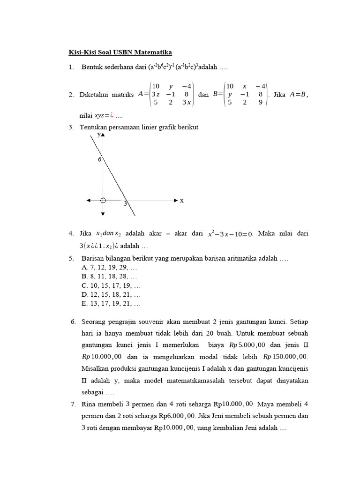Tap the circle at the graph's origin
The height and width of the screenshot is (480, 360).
(103, 200)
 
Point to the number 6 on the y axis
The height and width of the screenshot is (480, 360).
(99, 160)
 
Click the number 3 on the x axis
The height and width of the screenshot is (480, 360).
(126, 204)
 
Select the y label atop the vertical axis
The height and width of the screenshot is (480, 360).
(99, 134)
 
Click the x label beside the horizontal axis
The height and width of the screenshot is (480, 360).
(182, 201)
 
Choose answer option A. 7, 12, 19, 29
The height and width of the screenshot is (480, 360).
(109, 267)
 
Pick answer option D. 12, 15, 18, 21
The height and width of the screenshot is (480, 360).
(111, 294)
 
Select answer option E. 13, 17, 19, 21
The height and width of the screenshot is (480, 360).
(111, 303)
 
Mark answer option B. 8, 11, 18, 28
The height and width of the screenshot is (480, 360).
(109, 276)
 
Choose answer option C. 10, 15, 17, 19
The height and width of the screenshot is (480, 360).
(111, 285)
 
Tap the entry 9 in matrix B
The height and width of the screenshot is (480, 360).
(261, 102)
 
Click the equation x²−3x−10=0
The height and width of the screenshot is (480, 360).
(230, 233)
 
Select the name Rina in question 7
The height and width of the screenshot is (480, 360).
(89, 404)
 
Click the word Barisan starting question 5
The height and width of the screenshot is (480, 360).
(93, 258)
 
